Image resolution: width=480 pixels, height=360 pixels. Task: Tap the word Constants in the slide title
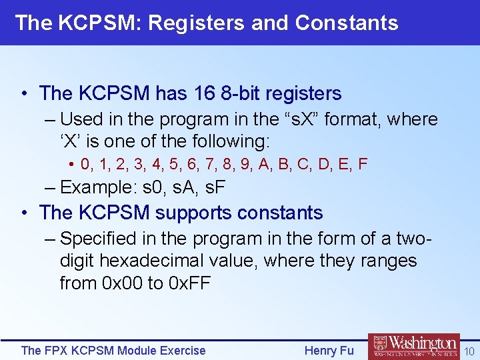tap(347, 23)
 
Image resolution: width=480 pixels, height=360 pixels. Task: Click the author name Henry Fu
tap(329, 350)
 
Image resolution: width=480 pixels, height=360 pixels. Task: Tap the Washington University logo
tap(413, 347)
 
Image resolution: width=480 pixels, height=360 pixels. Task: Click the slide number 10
tap(469, 351)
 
